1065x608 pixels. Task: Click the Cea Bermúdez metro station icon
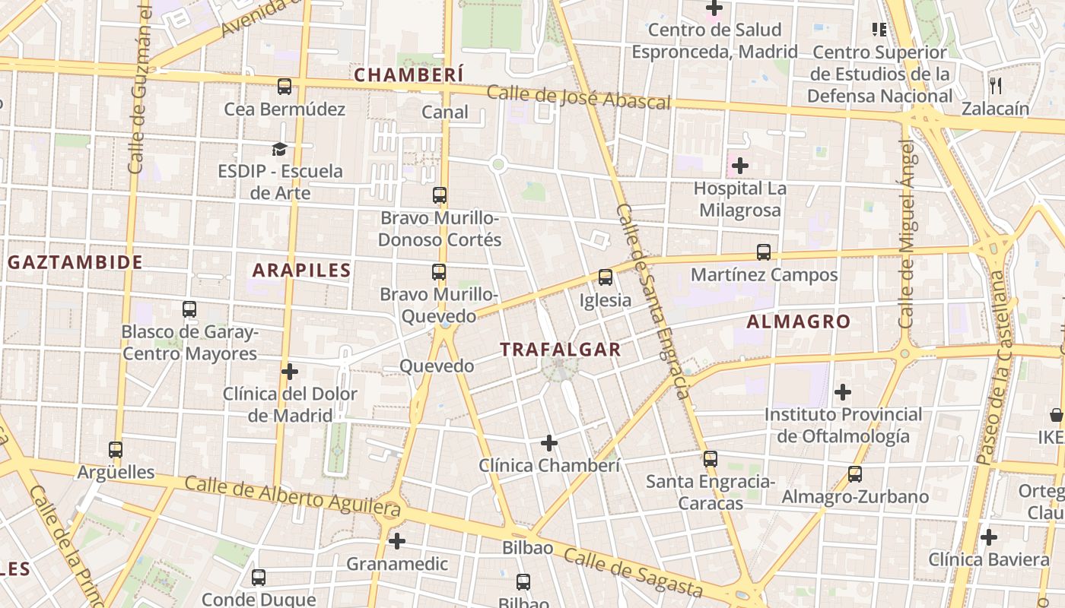(285, 87)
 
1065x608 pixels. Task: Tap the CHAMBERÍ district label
(409, 74)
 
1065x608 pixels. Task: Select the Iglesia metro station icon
(606, 277)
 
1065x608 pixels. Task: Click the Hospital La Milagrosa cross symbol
(739, 165)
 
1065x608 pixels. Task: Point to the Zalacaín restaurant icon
(995, 86)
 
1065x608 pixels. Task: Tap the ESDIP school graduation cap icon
(280, 149)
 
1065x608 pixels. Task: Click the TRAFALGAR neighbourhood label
(561, 350)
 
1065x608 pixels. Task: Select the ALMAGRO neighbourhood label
(798, 321)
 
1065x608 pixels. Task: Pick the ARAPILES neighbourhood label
(301, 270)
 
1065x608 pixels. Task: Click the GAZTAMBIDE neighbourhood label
(75, 263)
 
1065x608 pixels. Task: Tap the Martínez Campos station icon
(764, 252)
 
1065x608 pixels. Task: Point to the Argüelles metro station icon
(116, 450)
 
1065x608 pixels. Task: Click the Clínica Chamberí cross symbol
(549, 442)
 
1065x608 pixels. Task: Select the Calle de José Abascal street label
(578, 97)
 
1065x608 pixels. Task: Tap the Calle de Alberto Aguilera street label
(292, 494)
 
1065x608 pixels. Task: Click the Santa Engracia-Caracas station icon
(711, 459)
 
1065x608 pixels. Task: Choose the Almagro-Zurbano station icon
(855, 474)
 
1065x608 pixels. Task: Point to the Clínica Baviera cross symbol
(988, 537)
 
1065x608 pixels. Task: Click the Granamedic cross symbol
(397, 541)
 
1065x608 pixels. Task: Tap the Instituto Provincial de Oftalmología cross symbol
(842, 392)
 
